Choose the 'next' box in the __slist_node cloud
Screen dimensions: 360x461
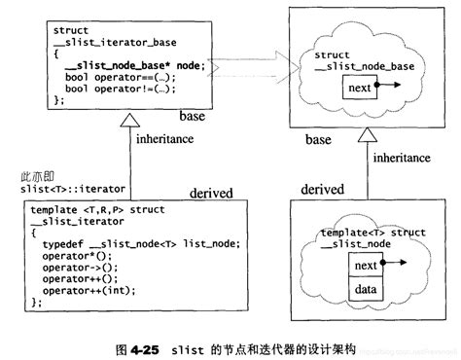pos(366,266)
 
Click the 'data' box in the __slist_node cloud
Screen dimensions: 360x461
pos(366,289)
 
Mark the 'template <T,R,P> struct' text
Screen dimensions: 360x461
pos(93,208)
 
